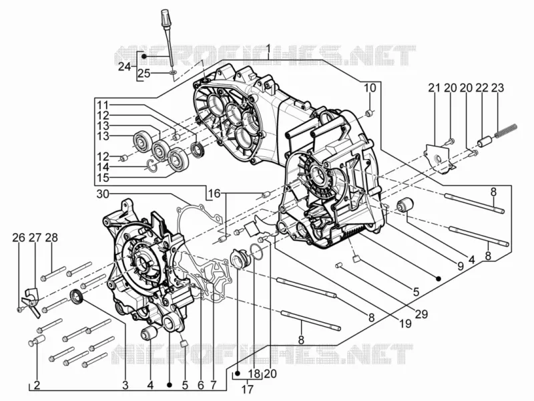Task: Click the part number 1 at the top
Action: click(x=268, y=50)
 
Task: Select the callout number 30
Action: click(x=103, y=194)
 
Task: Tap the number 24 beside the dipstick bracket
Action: click(x=124, y=67)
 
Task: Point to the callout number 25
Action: click(x=144, y=74)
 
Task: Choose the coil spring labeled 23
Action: click(x=506, y=131)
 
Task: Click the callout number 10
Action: click(x=370, y=88)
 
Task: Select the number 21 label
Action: click(x=435, y=88)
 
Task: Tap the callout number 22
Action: click(x=481, y=88)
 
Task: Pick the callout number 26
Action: click(x=19, y=238)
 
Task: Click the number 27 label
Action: click(x=35, y=238)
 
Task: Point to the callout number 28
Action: click(x=51, y=238)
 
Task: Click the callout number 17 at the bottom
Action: click(x=248, y=389)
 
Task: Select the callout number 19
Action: click(x=405, y=323)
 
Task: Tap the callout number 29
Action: click(x=421, y=313)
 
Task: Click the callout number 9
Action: click(x=461, y=266)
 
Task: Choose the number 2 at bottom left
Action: click(x=37, y=386)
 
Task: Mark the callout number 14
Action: click(x=103, y=167)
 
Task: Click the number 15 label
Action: click(x=103, y=178)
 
